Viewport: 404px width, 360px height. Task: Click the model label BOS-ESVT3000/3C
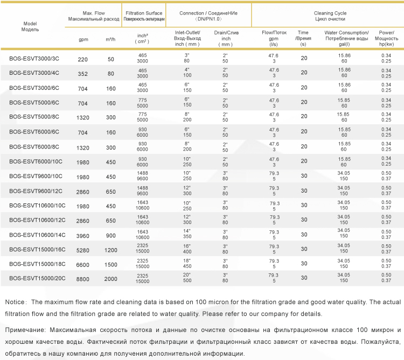click(34, 59)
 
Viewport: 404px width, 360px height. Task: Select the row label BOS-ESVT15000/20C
click(37, 278)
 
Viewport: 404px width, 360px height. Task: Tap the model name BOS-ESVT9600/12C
click(36, 191)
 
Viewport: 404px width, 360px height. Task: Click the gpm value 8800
click(83, 279)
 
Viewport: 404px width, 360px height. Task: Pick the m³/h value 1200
click(111, 250)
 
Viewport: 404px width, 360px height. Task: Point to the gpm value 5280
click(83, 250)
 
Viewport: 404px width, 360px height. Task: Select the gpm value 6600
click(83, 265)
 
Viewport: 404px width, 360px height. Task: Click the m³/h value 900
click(111, 236)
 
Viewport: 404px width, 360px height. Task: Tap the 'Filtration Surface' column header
click(144, 13)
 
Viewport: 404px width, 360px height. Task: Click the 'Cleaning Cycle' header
click(330, 13)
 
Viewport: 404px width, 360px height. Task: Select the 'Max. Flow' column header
click(94, 13)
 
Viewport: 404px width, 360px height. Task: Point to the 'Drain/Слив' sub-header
click(226, 33)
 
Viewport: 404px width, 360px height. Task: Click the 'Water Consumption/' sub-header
click(346, 33)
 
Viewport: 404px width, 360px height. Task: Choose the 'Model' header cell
click(30, 24)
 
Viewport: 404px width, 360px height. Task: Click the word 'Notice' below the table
click(15, 302)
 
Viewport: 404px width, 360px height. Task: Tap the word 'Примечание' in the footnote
click(25, 330)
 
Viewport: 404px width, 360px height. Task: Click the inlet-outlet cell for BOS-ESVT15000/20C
click(187, 278)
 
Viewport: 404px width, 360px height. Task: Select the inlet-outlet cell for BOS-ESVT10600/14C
click(187, 234)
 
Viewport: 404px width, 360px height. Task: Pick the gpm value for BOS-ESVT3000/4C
click(83, 74)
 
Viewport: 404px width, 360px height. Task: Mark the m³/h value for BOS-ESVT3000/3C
click(111, 59)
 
